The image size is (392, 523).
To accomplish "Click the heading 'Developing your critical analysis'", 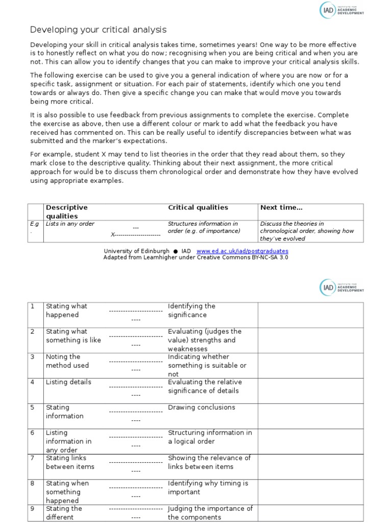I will (98, 30).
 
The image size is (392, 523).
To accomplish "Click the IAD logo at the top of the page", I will (341, 10).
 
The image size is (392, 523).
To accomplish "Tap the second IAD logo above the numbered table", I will (341, 288).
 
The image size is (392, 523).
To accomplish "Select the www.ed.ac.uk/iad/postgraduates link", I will (242, 251).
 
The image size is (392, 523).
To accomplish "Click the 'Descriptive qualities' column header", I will (67, 211).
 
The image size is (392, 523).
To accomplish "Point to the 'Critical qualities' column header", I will (198, 207).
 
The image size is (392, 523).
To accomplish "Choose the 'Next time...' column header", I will (281, 207).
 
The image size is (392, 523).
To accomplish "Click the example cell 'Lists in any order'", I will (70, 224).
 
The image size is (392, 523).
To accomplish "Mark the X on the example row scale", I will (113, 235).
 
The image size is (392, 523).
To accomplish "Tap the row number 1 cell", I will (33, 306).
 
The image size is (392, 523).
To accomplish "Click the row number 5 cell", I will (33, 408).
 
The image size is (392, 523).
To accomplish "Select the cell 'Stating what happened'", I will (66, 311).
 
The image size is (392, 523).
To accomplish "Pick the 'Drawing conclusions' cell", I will (202, 408).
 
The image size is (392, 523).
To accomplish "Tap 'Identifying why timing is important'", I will (208, 488).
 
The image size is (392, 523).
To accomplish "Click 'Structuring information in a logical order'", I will (210, 437).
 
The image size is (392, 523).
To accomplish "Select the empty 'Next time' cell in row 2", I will (310, 340).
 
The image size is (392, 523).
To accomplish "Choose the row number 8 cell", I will (33, 483).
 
